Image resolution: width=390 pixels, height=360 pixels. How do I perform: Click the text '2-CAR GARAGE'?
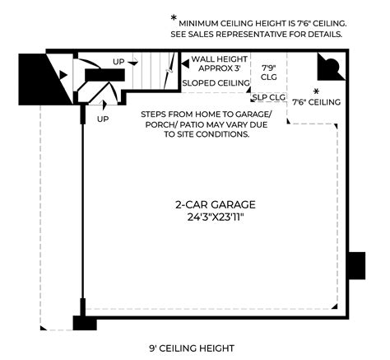pyautogui.click(x=215, y=204)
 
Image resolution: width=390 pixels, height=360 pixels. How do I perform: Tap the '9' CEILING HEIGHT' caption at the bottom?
pyautogui.click(x=192, y=348)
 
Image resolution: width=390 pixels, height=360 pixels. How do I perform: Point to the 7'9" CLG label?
pyautogui.click(x=268, y=72)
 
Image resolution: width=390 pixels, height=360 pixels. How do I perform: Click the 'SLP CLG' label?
pyautogui.click(x=268, y=97)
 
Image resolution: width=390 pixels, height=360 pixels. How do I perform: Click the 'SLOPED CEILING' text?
pyautogui.click(x=216, y=83)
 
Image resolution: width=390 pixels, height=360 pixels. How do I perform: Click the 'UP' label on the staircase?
pyautogui.click(x=118, y=63)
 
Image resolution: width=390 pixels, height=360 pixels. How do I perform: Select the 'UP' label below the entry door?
pyautogui.click(x=103, y=119)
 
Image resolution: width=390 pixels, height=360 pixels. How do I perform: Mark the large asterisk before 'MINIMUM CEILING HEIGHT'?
pyautogui.click(x=173, y=18)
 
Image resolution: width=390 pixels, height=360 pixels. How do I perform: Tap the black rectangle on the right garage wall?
pyautogui.click(x=355, y=265)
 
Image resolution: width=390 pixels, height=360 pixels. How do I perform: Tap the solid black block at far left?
pyautogui.click(x=36, y=77)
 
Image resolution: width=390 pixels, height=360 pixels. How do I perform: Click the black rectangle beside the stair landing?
pyautogui.click(x=104, y=73)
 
